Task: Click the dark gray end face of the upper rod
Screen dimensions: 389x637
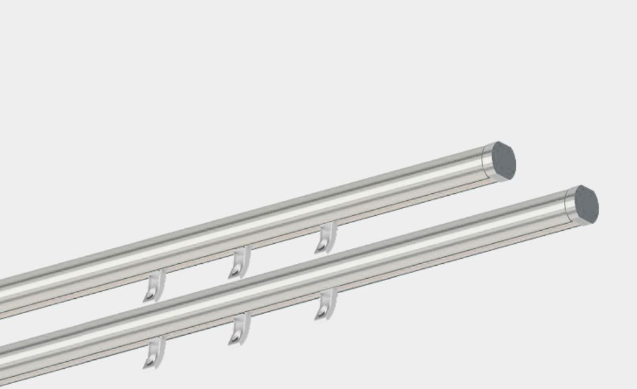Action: (x=503, y=161)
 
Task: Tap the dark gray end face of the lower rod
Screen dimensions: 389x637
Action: (x=586, y=205)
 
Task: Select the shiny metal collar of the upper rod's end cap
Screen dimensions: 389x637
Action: (x=487, y=163)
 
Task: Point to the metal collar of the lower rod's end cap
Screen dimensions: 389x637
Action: (x=570, y=207)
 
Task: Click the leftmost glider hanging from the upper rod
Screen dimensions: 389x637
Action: (x=154, y=286)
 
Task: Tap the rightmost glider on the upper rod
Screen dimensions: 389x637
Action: (x=326, y=237)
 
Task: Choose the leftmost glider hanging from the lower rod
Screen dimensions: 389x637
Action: (x=154, y=353)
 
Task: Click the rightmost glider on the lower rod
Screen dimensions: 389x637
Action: (x=326, y=304)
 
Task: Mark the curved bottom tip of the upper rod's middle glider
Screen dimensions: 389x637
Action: (x=234, y=273)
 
